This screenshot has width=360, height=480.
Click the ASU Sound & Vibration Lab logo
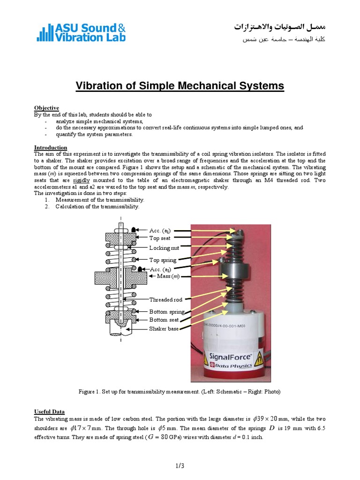tap(81, 32)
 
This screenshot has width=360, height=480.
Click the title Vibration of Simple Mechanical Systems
tap(180, 86)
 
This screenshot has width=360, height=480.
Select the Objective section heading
tap(46, 108)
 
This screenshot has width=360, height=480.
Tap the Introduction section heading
tap(51, 148)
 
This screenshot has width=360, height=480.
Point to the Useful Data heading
tap(49, 411)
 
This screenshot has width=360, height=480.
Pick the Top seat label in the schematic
tap(159, 238)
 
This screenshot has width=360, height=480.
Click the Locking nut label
tap(164, 247)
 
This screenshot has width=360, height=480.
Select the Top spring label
tap(163, 260)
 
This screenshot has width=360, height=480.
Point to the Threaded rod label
tap(165, 300)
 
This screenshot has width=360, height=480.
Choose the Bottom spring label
tap(167, 312)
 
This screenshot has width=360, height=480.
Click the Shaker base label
tap(164, 329)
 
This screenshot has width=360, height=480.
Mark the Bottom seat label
tap(165, 320)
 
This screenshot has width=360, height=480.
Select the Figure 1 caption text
tap(180, 391)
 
